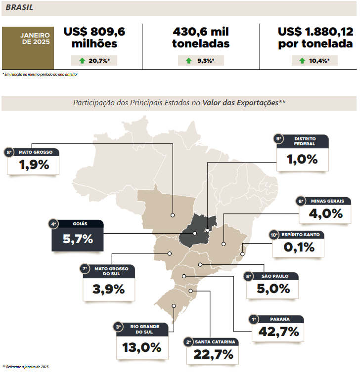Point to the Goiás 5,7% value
tap(78, 239)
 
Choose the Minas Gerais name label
tap(324, 201)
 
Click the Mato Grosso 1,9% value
tap(34, 165)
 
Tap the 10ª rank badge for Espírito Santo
tap(275, 235)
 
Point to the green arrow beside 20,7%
tap(82, 61)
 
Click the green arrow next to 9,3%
tap(188, 61)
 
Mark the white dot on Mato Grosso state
tap(173, 215)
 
